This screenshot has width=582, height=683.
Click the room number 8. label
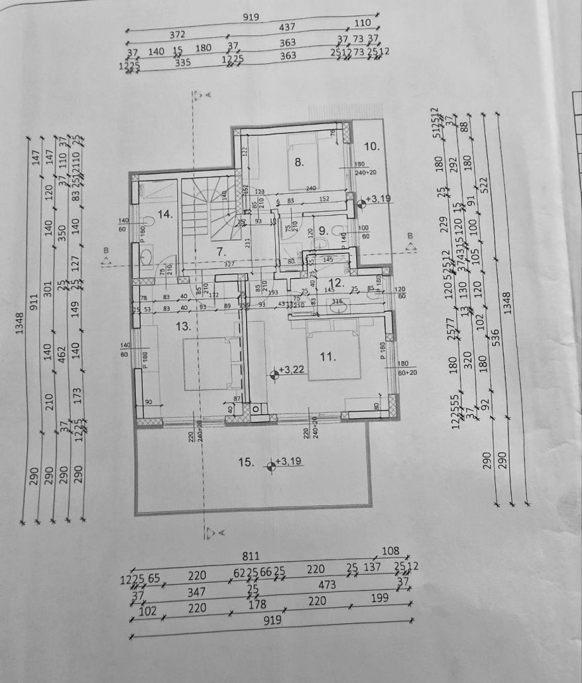tap(300, 161)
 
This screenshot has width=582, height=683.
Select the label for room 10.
tap(372, 146)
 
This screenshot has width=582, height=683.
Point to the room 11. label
tap(326, 357)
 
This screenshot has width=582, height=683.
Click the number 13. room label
tap(183, 326)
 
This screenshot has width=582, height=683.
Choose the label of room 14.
tap(165, 214)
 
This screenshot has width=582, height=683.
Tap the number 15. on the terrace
tap(245, 462)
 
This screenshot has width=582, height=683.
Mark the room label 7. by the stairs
tap(221, 251)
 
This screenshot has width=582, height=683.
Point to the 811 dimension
tap(251, 557)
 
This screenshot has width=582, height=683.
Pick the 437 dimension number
tap(288, 28)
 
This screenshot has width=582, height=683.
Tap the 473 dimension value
tap(327, 585)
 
